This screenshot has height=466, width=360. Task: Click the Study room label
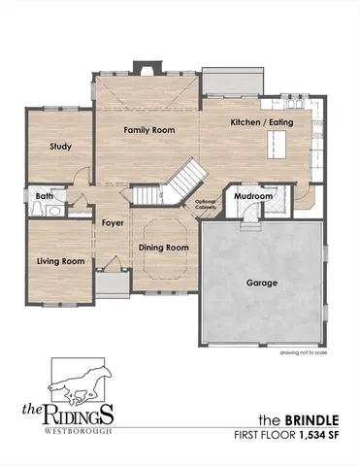coord(61,148)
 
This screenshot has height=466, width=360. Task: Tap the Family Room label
coord(148,130)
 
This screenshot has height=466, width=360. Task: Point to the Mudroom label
coord(254,197)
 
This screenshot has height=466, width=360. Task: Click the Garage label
coord(262,283)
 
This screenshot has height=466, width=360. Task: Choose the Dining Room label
coord(163,249)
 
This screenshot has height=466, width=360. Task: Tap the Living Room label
coord(61,261)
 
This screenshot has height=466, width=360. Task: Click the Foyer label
coord(112,222)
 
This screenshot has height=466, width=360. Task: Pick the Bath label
coord(44,195)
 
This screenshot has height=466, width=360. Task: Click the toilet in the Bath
coord(57,208)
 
